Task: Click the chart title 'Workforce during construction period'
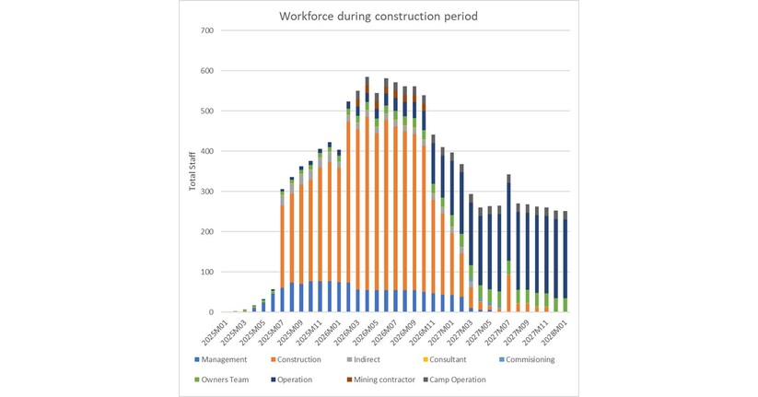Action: pos(379,16)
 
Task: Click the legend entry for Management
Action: pos(222,359)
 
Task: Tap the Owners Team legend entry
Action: pos(227,378)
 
